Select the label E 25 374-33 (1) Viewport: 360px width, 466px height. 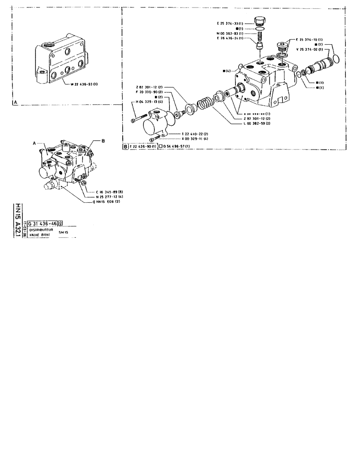point(231,23)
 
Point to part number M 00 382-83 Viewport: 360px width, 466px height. point(231,33)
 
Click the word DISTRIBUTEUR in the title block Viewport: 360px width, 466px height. point(41,230)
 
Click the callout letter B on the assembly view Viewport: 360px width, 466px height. point(97,140)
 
